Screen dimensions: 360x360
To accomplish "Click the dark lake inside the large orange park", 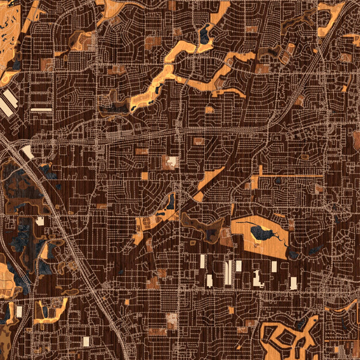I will click(262, 232).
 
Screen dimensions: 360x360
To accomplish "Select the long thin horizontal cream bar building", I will click(41, 110).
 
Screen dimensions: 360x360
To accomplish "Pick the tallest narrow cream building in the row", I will click(228, 273).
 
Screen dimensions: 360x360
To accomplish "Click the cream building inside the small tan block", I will click(172, 161).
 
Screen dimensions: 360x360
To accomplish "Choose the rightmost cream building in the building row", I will click(293, 283).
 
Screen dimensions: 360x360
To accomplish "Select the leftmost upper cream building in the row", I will click(203, 261).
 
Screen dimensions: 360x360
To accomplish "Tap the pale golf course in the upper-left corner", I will click(8, 24).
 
